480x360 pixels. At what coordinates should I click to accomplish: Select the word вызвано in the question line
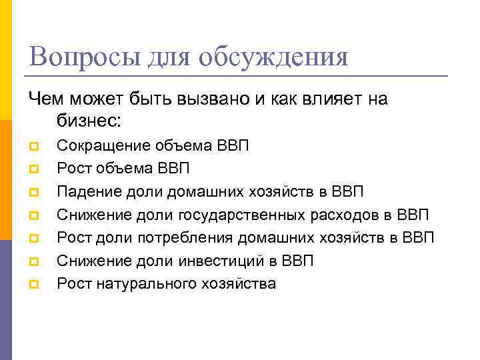[217, 99]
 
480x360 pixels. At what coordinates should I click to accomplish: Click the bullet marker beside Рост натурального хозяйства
[34, 285]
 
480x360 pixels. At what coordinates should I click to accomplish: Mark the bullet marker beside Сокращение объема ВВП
[34, 146]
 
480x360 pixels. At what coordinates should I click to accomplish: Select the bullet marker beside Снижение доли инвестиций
[34, 262]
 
